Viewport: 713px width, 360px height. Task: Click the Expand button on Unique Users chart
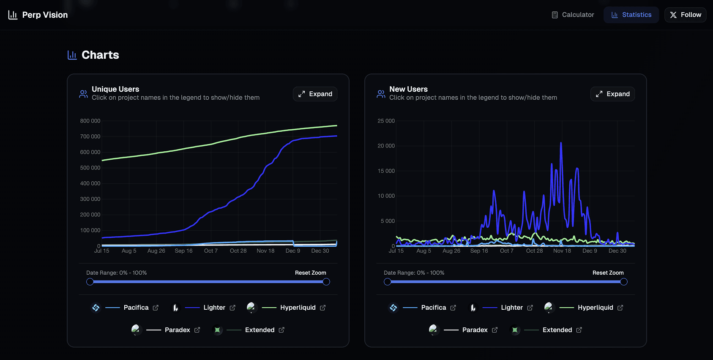pyautogui.click(x=315, y=94)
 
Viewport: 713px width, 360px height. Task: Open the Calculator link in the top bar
pyautogui.click(x=573, y=15)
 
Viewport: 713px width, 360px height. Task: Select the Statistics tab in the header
pyautogui.click(x=631, y=15)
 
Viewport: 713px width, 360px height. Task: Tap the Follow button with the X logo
pyautogui.click(x=685, y=15)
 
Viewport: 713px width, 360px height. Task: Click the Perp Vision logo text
pyautogui.click(x=45, y=15)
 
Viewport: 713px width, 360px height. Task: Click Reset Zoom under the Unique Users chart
pyautogui.click(x=310, y=273)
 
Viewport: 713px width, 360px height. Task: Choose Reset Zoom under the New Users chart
pyautogui.click(x=608, y=273)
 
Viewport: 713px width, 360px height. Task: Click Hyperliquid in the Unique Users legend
pyautogui.click(x=298, y=308)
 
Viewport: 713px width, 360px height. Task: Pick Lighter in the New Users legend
pyautogui.click(x=511, y=308)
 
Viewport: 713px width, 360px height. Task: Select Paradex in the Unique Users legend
pyautogui.click(x=177, y=330)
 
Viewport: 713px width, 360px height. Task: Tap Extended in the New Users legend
pyautogui.click(x=557, y=330)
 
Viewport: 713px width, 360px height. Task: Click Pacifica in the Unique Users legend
pyautogui.click(x=136, y=308)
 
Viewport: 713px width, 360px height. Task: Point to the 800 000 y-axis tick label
pyautogui.click(x=90, y=121)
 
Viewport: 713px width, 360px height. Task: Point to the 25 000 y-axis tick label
pyautogui.click(x=386, y=121)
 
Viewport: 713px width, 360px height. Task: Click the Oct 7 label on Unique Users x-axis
pyautogui.click(x=211, y=251)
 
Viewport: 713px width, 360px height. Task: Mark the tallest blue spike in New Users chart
pyautogui.click(x=561, y=144)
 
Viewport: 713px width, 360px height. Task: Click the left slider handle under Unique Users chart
pyautogui.click(x=90, y=282)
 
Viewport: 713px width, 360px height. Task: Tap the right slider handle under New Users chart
pyautogui.click(x=624, y=282)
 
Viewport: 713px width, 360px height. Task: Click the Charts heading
pyautogui.click(x=100, y=55)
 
